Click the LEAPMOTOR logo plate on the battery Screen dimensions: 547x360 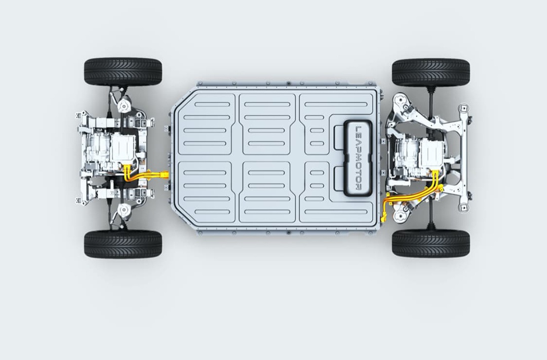click(x=358, y=158)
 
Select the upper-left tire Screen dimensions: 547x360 click(x=123, y=72)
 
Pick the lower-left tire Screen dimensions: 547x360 click(x=123, y=244)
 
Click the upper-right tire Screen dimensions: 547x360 click(x=431, y=72)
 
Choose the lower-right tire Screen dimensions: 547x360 click(x=431, y=243)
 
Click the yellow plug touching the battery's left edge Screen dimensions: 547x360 click(x=164, y=174)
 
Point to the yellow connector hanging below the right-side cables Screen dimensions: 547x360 click(x=384, y=218)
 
